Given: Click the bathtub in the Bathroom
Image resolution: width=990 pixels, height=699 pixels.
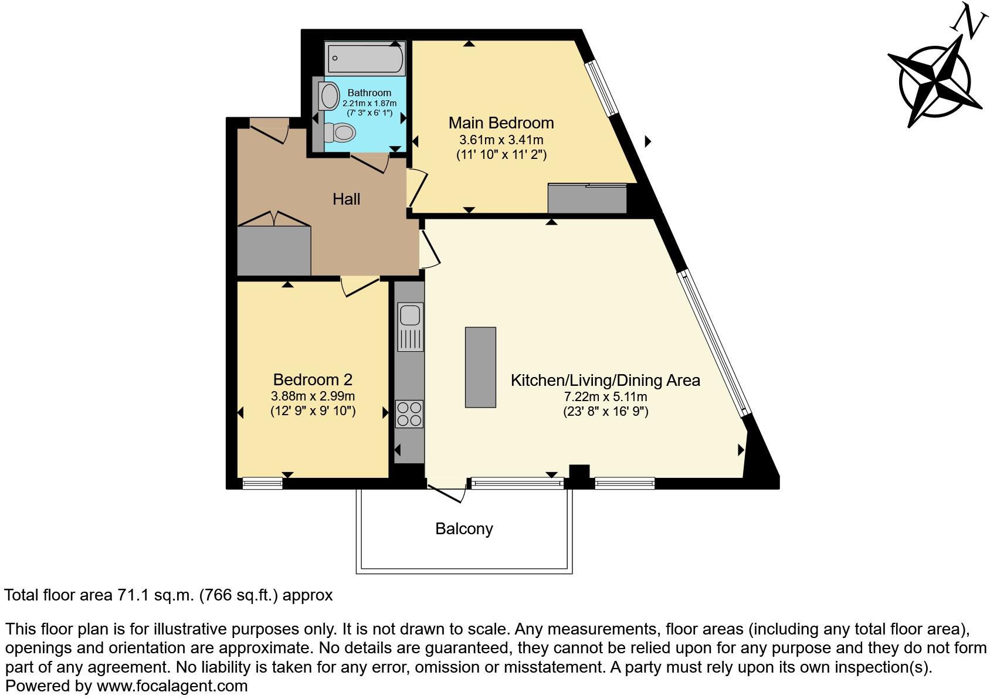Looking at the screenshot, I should pos(365,58).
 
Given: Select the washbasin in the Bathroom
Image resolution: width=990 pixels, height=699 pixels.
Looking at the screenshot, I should pos(329,96).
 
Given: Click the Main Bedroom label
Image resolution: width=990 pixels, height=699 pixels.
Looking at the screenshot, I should pos(501,123).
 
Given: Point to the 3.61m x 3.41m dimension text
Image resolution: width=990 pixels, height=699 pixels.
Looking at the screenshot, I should pos(501,140).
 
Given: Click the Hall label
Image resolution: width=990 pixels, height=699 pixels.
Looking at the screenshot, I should pos(346,199).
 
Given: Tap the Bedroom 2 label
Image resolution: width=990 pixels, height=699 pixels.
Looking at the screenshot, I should pos(313,379).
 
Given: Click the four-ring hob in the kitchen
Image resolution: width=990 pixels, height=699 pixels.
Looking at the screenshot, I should pos(409,413).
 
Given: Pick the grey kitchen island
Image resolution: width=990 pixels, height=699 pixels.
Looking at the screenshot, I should pos(480,367).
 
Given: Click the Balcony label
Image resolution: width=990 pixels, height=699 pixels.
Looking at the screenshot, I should pos(464,529).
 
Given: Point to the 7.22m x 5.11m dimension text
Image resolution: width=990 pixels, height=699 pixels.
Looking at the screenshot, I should pos(605,396).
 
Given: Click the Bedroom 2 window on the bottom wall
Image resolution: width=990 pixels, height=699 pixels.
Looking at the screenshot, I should pos(262,483).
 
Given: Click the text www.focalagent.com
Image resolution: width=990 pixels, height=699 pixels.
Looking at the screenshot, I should pos(172,686).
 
